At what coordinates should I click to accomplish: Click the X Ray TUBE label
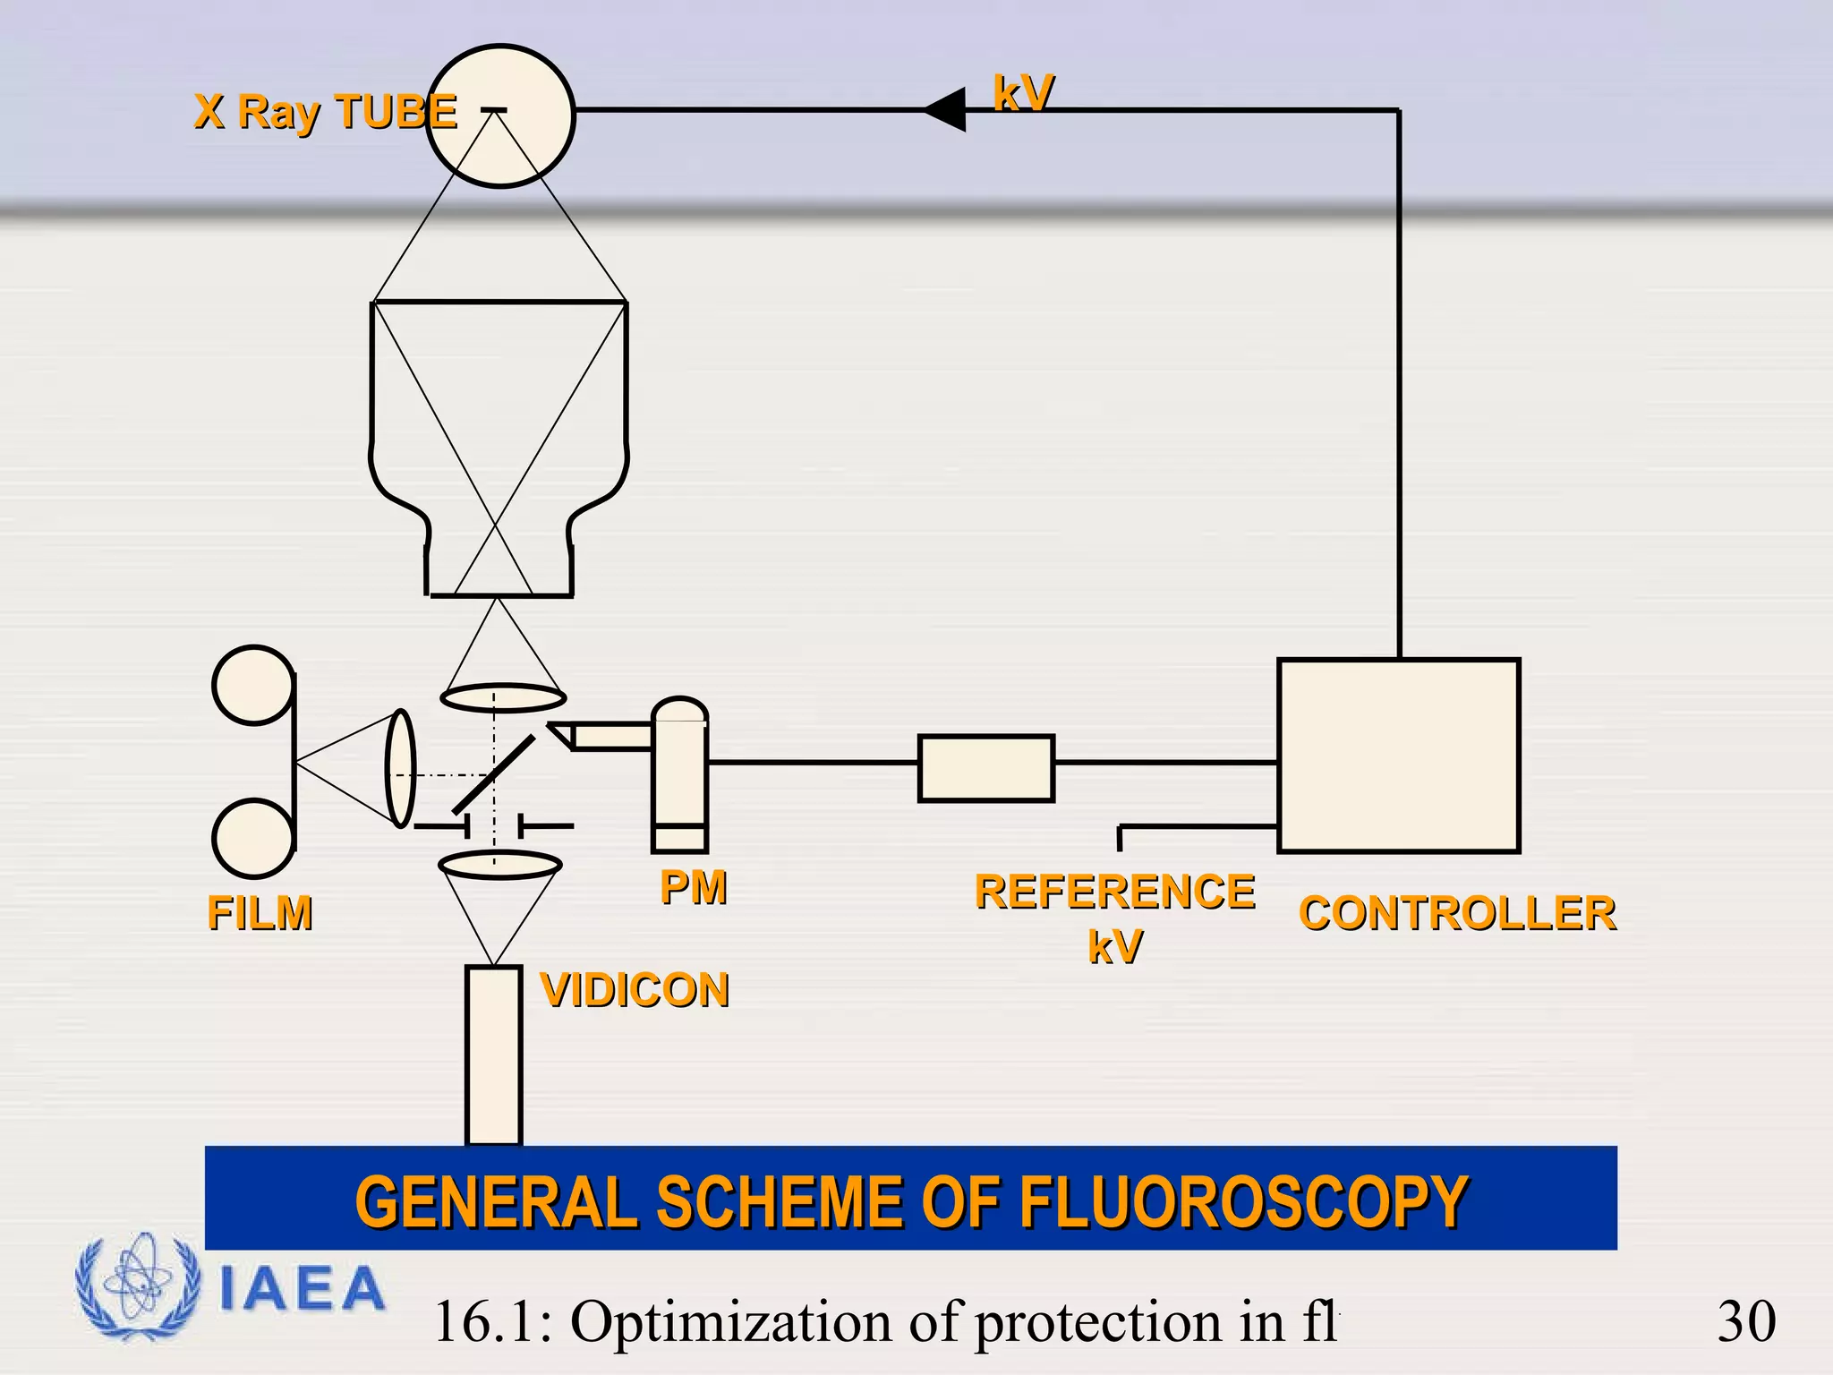tap(325, 112)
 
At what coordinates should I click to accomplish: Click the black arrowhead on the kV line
tap(947, 109)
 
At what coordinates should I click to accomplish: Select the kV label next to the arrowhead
tap(1023, 92)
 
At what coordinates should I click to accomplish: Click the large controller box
tap(1398, 756)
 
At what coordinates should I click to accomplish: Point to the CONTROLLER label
tap(1457, 913)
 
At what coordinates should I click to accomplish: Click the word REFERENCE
tap(1114, 892)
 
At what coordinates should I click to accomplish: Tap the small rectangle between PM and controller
tap(985, 768)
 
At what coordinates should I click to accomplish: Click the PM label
tap(693, 887)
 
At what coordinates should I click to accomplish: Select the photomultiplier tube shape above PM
tap(679, 774)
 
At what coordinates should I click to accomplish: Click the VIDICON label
tap(635, 990)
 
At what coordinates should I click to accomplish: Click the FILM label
tap(260, 913)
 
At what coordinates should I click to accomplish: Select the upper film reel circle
tap(253, 685)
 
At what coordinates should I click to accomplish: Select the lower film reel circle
tap(253, 838)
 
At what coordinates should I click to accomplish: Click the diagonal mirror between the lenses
tap(494, 773)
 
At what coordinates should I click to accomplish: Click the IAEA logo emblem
tap(137, 1286)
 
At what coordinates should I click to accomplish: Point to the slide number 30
tap(1745, 1321)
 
